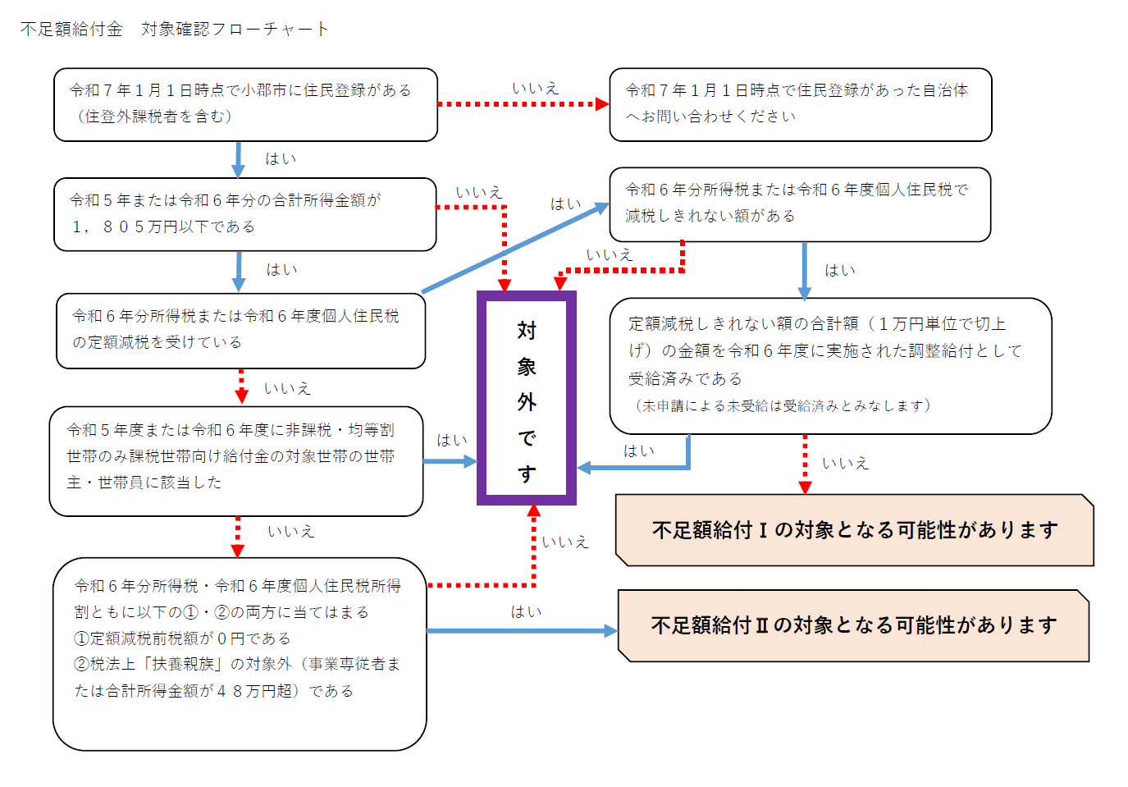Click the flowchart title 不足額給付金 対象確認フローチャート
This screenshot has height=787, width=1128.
click(x=174, y=30)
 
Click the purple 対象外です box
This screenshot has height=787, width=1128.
click(x=527, y=398)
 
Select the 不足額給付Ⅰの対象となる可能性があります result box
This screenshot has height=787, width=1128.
click(x=854, y=530)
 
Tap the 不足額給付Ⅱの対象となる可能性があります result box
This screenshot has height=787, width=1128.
click(x=853, y=625)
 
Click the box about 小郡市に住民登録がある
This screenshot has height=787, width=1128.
click(x=245, y=104)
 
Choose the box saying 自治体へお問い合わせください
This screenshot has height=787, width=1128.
click(x=800, y=104)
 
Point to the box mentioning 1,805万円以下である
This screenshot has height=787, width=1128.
click(x=244, y=214)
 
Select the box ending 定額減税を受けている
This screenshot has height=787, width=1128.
click(x=240, y=331)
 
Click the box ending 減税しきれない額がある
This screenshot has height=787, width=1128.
click(x=800, y=204)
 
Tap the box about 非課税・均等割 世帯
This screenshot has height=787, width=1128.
click(x=235, y=460)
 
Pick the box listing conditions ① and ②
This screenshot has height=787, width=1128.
click(x=240, y=653)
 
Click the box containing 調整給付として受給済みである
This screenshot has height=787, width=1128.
click(x=830, y=365)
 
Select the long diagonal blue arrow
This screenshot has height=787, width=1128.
click(x=514, y=248)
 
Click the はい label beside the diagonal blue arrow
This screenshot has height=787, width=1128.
click(x=565, y=204)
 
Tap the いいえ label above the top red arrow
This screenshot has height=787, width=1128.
click(x=535, y=88)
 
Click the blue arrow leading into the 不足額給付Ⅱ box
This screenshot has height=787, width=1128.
click(x=522, y=631)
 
